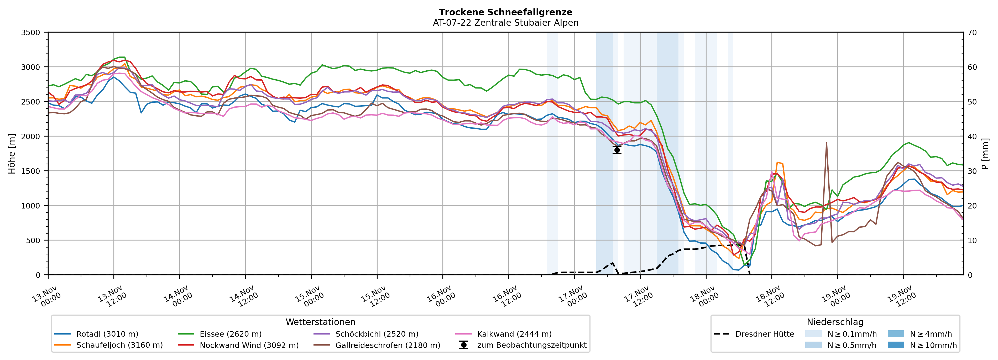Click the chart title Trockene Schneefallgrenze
click(x=505, y=12)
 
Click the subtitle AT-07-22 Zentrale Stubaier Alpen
click(x=505, y=23)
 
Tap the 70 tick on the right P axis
click(x=972, y=33)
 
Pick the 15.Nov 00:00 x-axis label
click(x=308, y=296)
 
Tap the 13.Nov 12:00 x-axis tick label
click(x=111, y=296)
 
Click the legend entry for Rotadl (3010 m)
click(x=107, y=334)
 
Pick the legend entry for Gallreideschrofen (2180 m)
click(x=388, y=345)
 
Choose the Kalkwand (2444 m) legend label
click(x=514, y=334)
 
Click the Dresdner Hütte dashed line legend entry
click(x=764, y=334)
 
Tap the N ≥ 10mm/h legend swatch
click(x=895, y=345)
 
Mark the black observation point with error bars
click(x=617, y=150)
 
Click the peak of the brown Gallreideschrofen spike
click(x=826, y=143)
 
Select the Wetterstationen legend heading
click(x=320, y=322)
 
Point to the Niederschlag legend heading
click(x=835, y=322)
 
